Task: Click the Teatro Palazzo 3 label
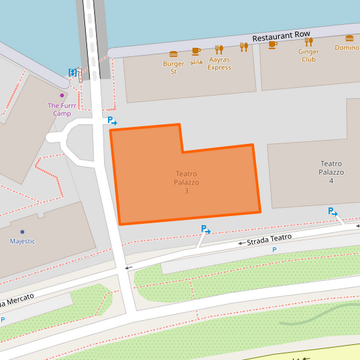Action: (186, 182)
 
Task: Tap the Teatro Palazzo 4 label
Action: (331, 172)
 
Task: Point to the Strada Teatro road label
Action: (268, 238)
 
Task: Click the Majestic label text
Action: (22, 241)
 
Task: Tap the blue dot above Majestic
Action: (22, 232)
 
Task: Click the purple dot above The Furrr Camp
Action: (62, 95)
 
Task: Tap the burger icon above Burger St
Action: (174, 54)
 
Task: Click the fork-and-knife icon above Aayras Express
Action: (219, 49)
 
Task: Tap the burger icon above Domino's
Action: (349, 38)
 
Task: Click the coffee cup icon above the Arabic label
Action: (196, 51)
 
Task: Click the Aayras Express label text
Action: (219, 63)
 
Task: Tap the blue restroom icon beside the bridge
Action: (72, 72)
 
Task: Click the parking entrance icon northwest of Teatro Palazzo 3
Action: (112, 121)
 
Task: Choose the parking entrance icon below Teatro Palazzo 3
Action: (205, 230)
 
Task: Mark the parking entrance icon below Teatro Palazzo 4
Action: (332, 212)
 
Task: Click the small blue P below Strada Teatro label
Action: (274, 250)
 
